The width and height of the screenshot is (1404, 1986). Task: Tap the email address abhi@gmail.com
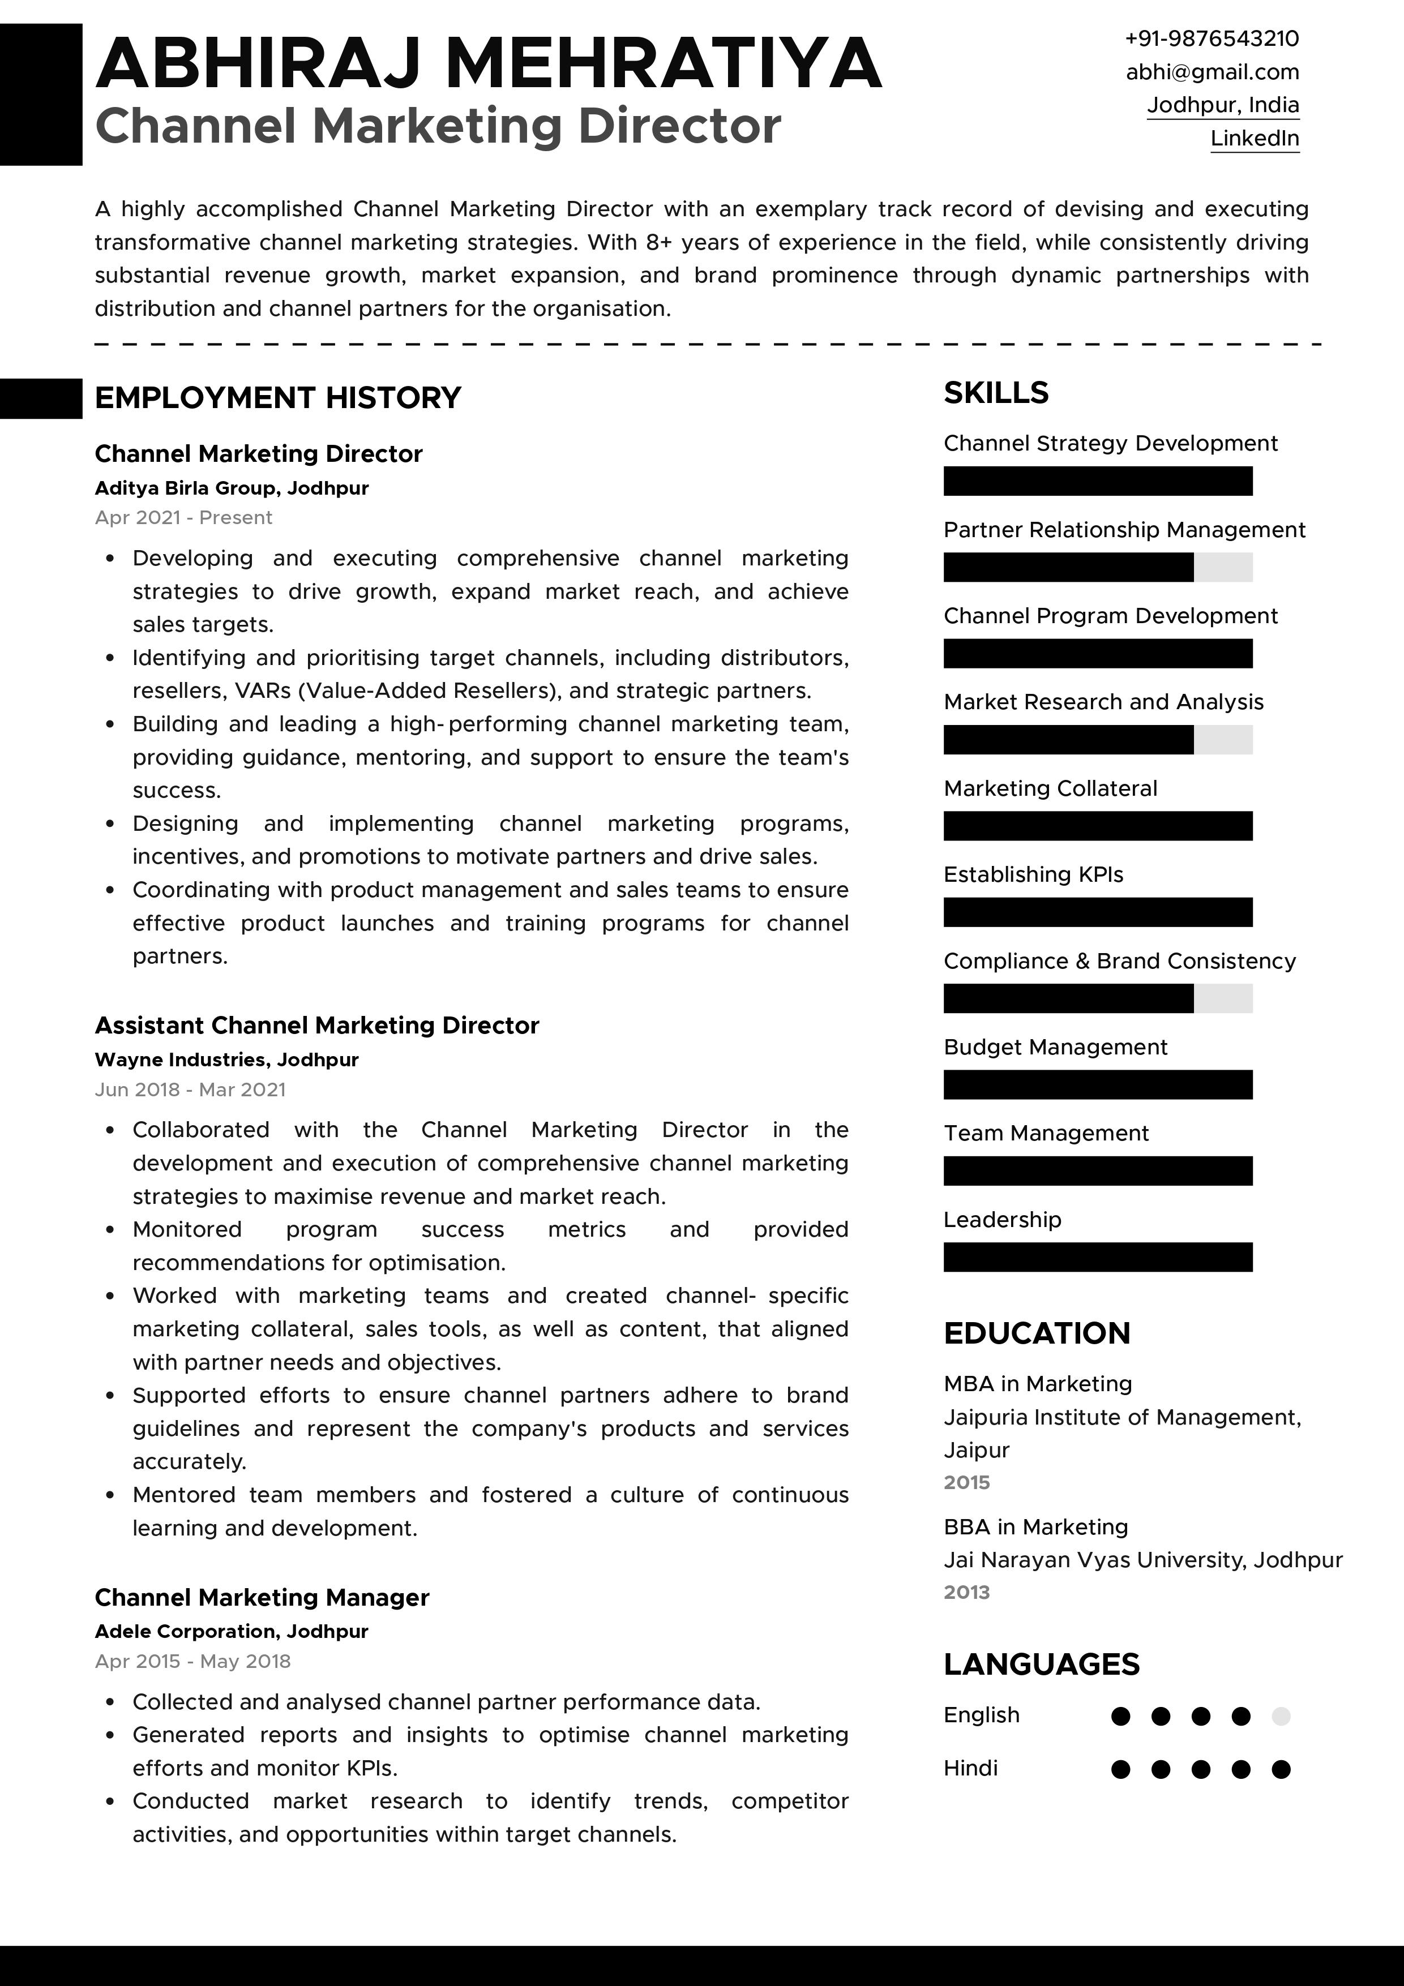point(1212,72)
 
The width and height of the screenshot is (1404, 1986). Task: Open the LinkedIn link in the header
point(1255,139)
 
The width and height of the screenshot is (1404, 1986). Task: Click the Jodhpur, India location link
point(1222,105)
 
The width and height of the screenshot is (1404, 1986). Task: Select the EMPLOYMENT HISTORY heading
point(277,398)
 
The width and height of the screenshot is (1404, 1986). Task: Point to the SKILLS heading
point(996,393)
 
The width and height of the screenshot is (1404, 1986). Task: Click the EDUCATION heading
point(1037,1333)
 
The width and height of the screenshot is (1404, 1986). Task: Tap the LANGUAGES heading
point(1042,1664)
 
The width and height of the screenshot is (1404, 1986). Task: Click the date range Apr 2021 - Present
point(183,518)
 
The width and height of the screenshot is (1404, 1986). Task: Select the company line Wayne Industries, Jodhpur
point(226,1060)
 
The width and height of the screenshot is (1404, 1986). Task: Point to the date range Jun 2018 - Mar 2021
point(190,1090)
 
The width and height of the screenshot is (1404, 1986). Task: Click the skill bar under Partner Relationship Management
point(1097,568)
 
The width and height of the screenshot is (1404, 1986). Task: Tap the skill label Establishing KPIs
point(1033,874)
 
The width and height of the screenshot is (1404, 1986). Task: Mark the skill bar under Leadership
point(1097,1257)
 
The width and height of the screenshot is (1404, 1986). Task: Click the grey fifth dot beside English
point(1281,1716)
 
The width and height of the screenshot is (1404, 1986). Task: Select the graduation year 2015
point(966,1483)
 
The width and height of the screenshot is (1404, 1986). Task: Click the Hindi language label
point(970,1768)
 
